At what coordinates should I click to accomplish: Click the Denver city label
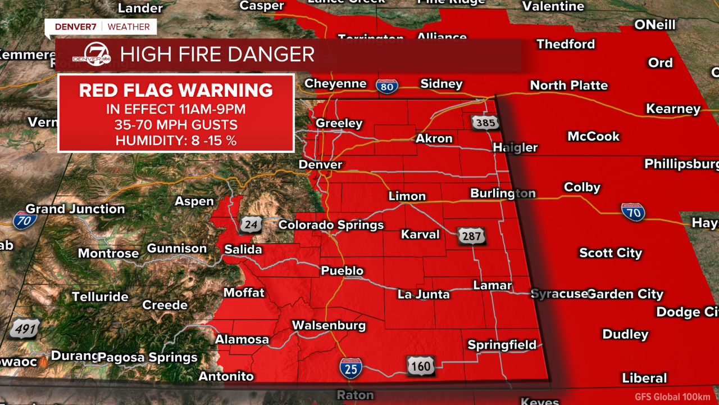click(x=321, y=164)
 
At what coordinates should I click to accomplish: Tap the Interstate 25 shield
click(x=351, y=368)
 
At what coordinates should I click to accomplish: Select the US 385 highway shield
click(x=484, y=122)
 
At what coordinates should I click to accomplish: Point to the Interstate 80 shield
click(x=387, y=85)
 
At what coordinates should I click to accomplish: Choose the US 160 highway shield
click(x=420, y=367)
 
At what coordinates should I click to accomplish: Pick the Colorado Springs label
click(x=331, y=225)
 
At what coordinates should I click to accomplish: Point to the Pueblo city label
click(x=342, y=271)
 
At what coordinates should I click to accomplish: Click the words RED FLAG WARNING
click(x=176, y=90)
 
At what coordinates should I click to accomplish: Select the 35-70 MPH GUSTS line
click(x=176, y=125)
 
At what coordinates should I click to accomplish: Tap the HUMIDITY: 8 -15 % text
click(x=176, y=141)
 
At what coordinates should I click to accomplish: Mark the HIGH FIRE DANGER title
click(x=217, y=55)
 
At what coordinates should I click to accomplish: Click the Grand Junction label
click(x=75, y=209)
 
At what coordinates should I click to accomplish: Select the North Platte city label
click(x=569, y=85)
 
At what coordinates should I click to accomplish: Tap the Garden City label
click(x=625, y=294)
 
